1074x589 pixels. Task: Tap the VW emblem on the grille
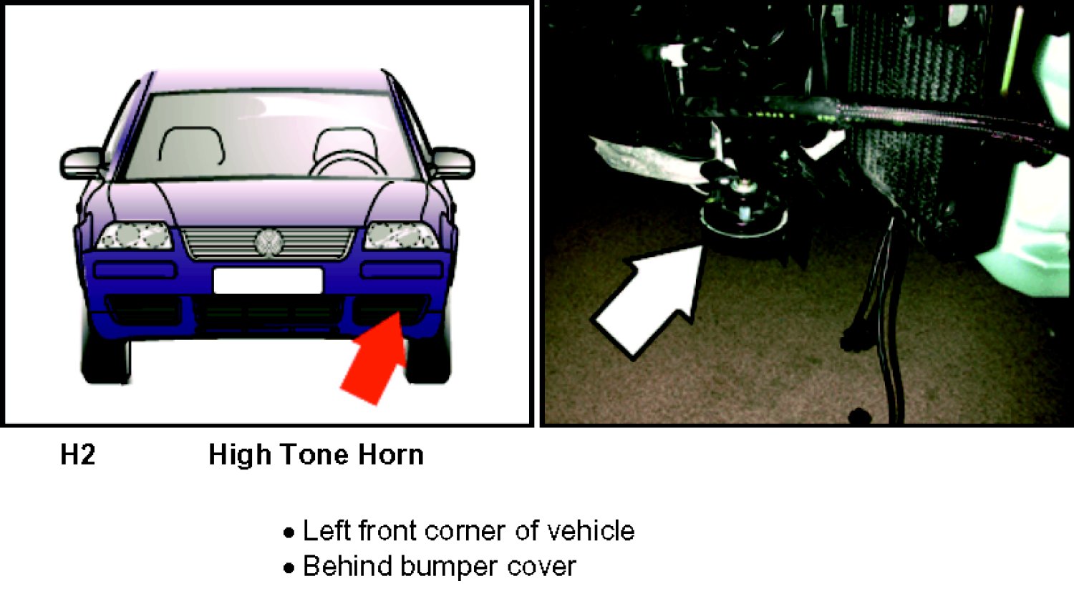pyautogui.click(x=268, y=243)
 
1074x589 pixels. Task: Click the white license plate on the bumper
pyautogui.click(x=268, y=281)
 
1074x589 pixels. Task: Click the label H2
pyautogui.click(x=77, y=454)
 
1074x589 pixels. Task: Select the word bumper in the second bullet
pyautogui.click(x=448, y=567)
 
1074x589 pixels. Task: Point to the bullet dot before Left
pyautogui.click(x=289, y=533)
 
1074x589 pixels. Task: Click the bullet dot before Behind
pyautogui.click(x=289, y=568)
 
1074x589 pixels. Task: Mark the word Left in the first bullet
pyautogui.click(x=326, y=531)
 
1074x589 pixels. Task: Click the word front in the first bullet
pyautogui.click(x=387, y=531)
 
